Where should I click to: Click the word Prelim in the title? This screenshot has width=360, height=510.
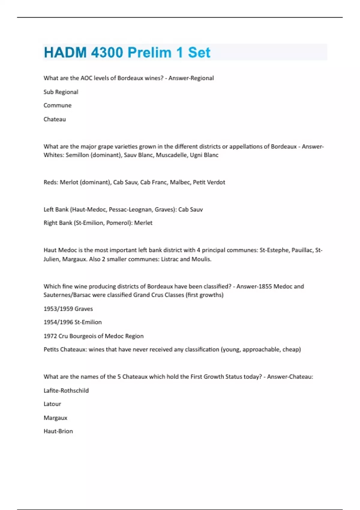149,53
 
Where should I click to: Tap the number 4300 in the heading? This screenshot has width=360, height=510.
107,53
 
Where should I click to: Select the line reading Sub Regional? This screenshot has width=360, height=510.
61,92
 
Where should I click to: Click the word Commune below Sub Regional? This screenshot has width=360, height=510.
58,106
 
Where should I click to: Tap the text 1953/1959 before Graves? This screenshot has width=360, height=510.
58,309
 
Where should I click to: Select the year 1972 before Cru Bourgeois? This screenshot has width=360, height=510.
50,336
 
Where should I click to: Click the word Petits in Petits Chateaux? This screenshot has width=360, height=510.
51,349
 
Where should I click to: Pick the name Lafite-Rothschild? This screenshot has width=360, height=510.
66,391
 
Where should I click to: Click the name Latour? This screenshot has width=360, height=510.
52,404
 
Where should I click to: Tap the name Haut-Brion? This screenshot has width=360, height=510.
58,431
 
